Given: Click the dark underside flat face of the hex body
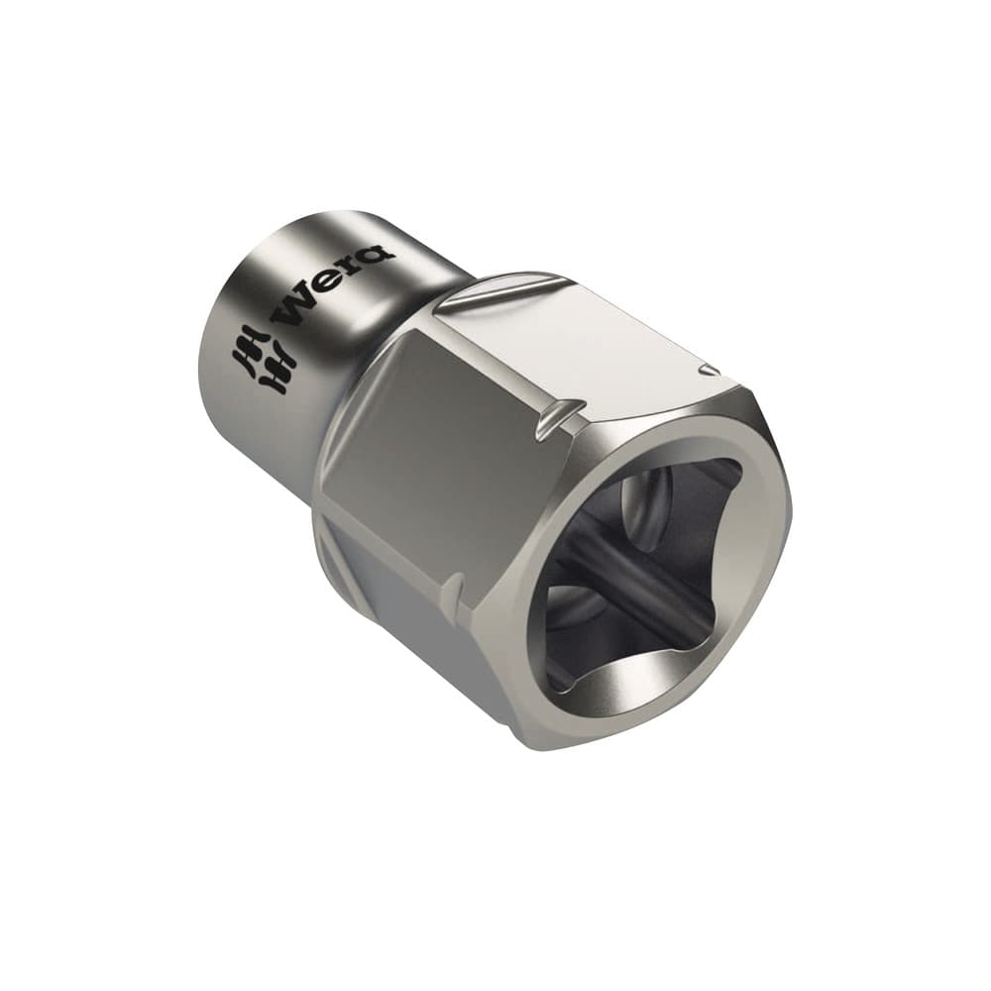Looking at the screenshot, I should click(x=416, y=634).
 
